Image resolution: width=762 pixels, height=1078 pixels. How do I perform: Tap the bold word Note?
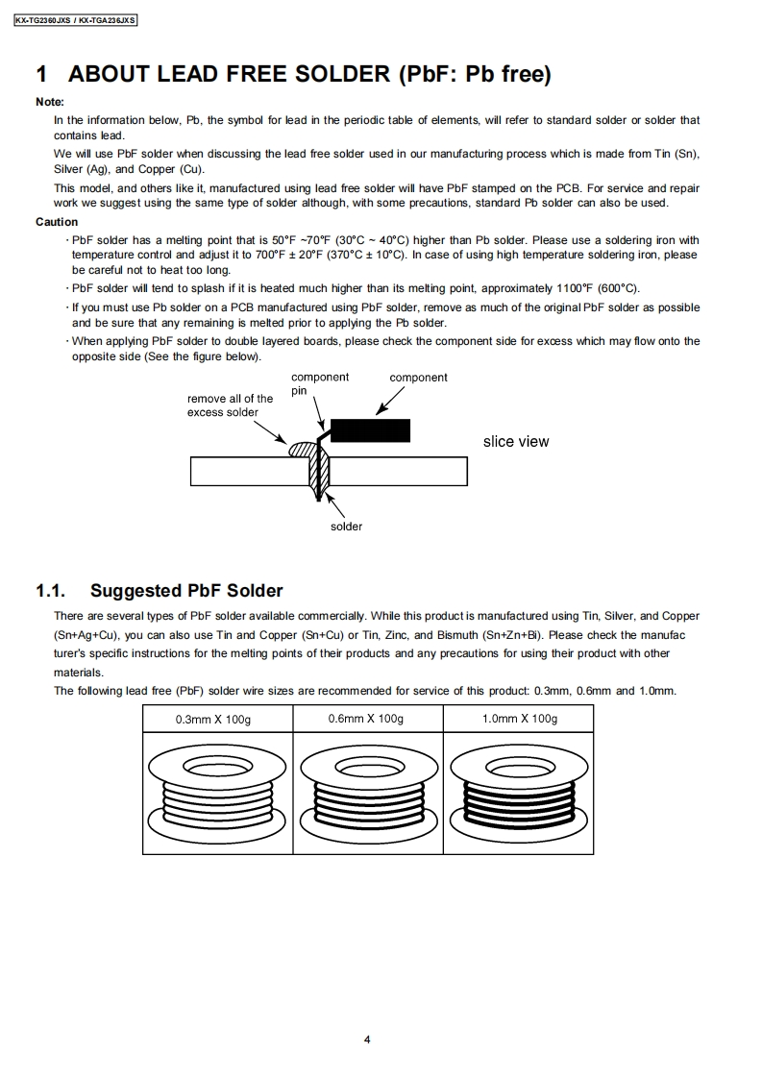click(50, 102)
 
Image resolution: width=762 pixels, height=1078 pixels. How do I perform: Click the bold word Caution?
click(57, 222)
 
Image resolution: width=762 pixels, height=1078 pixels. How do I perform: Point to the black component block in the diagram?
click(370, 429)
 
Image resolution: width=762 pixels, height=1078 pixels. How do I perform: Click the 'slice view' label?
click(516, 442)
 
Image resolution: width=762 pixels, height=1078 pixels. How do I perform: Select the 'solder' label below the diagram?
click(347, 527)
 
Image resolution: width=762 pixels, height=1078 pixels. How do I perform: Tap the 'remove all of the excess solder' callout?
click(230, 405)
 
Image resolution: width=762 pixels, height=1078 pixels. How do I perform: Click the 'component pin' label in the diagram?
click(319, 383)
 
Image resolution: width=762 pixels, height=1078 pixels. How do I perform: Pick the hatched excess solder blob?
click(300, 449)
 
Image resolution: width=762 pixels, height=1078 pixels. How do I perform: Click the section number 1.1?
click(50, 591)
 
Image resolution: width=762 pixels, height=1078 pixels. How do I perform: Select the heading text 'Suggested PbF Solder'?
click(186, 591)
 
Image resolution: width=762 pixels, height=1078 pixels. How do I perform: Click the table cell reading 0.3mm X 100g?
click(216, 719)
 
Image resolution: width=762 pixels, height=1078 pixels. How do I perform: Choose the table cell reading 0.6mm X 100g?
click(366, 719)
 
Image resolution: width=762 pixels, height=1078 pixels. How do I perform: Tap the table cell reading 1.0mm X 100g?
click(519, 719)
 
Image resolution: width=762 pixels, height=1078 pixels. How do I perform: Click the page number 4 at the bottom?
click(367, 1040)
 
